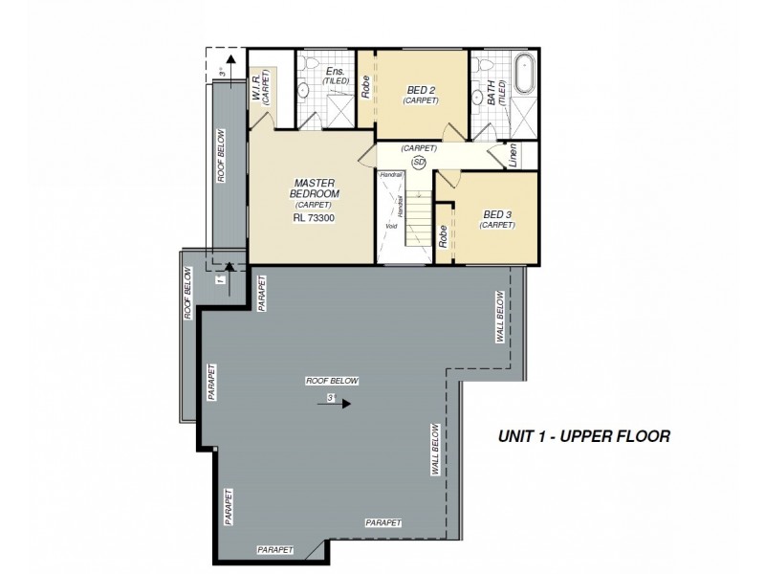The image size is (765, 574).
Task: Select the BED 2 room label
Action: click(421, 90)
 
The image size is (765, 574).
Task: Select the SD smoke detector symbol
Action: click(418, 162)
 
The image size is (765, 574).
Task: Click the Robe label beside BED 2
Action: click(365, 88)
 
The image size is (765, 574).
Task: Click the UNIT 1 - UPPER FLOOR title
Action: click(583, 436)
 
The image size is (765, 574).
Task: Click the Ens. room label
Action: click(335, 72)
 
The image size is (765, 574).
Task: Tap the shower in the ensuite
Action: click(337, 111)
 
